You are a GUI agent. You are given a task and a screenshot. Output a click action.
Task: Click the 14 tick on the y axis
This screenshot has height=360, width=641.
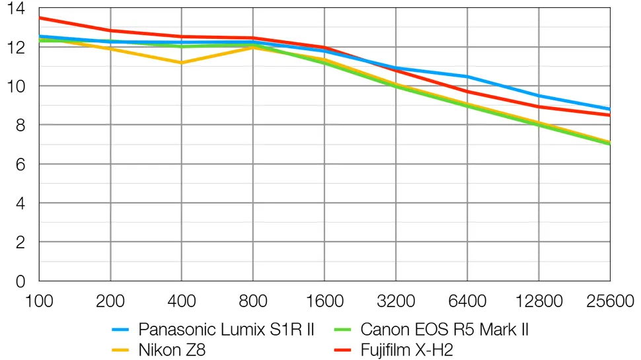click(x=15, y=9)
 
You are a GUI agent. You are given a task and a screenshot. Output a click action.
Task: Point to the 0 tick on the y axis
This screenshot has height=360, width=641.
click(x=20, y=281)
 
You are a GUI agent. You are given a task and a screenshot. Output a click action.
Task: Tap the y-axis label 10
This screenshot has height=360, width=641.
click(x=15, y=87)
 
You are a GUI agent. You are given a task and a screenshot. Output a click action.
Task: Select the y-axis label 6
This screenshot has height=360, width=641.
click(x=20, y=164)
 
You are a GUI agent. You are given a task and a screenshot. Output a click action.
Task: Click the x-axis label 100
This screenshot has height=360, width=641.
click(x=39, y=301)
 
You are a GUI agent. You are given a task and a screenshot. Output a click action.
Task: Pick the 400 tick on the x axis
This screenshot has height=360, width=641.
click(x=182, y=301)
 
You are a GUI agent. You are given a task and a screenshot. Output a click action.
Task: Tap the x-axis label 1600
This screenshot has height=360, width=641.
click(x=324, y=301)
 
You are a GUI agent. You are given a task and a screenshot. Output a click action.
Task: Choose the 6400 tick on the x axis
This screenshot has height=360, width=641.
click(x=467, y=301)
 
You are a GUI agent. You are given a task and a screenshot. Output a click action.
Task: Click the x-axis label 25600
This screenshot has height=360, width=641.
click(x=609, y=301)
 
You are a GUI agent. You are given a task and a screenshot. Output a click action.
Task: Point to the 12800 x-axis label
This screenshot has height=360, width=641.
click(x=539, y=301)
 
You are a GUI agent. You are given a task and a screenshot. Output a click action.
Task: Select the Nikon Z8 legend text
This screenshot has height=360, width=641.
click(x=172, y=349)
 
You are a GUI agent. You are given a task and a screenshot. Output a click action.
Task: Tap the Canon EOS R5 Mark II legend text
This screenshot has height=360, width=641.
click(x=444, y=329)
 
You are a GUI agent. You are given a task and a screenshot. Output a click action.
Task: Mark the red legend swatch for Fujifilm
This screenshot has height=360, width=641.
click(x=341, y=349)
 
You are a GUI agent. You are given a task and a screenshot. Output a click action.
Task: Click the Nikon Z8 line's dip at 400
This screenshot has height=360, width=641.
click(x=182, y=63)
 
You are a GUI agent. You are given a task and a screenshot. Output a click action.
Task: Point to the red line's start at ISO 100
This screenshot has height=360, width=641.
click(x=40, y=18)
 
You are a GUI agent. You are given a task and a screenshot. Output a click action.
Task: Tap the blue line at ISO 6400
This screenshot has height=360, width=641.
click(x=467, y=77)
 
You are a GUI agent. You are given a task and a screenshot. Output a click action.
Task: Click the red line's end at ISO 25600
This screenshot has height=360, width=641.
click(x=609, y=115)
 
